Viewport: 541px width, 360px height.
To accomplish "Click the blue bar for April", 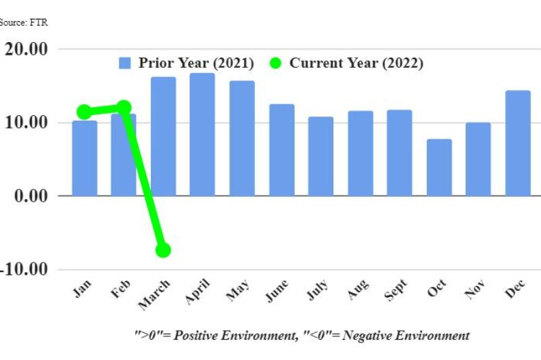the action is pyautogui.click(x=202, y=135).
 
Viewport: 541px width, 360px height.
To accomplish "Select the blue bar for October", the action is pyautogui.click(x=439, y=167).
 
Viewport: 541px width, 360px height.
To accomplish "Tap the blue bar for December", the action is pyautogui.click(x=518, y=143).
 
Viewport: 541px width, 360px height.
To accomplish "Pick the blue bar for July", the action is pyautogui.click(x=321, y=156).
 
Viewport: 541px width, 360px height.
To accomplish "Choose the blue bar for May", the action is pyautogui.click(x=242, y=139).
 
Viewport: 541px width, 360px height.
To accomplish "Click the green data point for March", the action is pyautogui.click(x=163, y=250).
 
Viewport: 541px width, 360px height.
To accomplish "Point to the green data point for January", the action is pyautogui.click(x=84, y=112).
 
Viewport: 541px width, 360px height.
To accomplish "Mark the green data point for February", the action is pyautogui.click(x=124, y=108).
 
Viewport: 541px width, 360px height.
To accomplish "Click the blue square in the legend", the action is pyautogui.click(x=124, y=63).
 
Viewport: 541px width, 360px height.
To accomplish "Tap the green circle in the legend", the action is pyautogui.click(x=275, y=63).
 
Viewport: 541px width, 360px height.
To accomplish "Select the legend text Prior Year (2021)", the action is pyautogui.click(x=196, y=63).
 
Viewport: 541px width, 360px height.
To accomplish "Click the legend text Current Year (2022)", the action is pyautogui.click(x=356, y=63).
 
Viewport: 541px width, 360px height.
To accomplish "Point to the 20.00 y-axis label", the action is pyautogui.click(x=26, y=49).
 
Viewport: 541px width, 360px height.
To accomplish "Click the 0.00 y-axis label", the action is pyautogui.click(x=31, y=196).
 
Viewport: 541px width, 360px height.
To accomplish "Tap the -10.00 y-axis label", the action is pyautogui.click(x=24, y=269).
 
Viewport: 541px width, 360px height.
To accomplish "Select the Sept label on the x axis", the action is pyautogui.click(x=396, y=290).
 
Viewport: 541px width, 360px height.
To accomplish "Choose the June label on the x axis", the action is pyautogui.click(x=277, y=290).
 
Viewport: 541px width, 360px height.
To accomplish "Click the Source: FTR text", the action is pyautogui.click(x=24, y=22).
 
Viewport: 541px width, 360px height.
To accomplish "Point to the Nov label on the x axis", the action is pyautogui.click(x=475, y=289).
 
